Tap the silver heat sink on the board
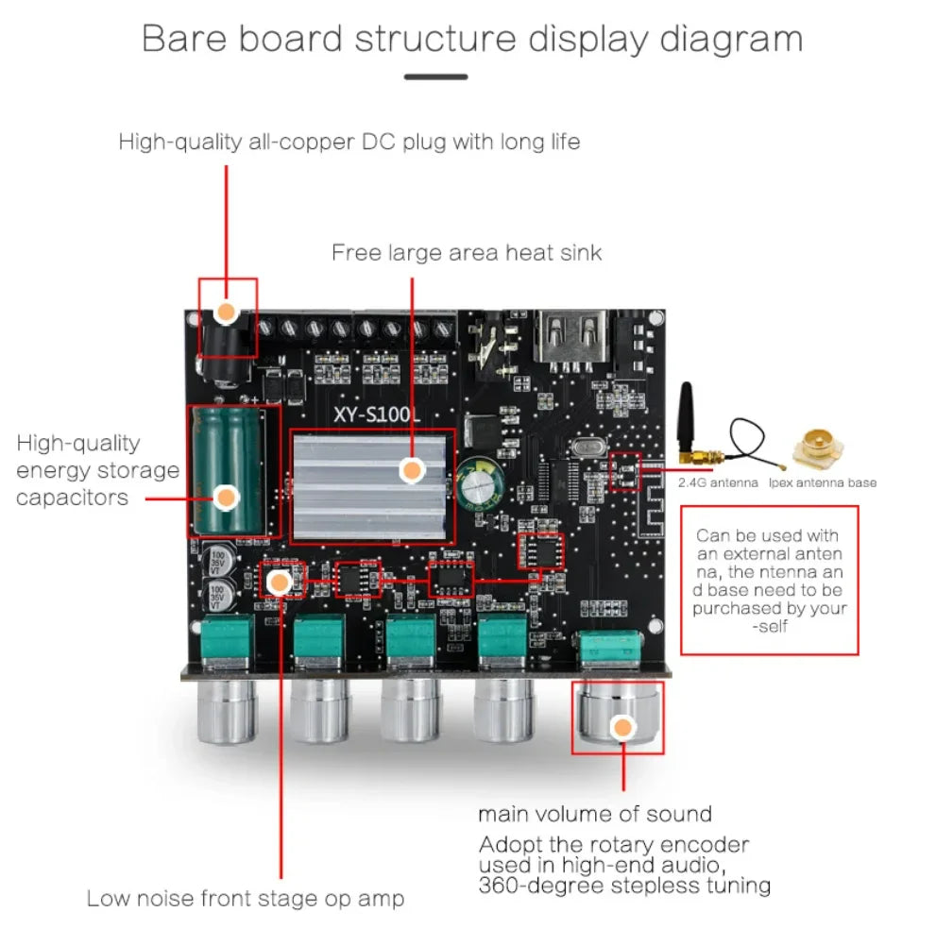coord(371,486)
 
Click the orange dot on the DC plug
coord(227,312)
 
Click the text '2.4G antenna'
coord(719,482)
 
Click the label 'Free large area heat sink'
coord(466,253)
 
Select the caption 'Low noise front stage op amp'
coord(245,898)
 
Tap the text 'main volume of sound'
coord(594,814)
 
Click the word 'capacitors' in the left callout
coord(72,498)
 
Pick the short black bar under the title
coord(435,77)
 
